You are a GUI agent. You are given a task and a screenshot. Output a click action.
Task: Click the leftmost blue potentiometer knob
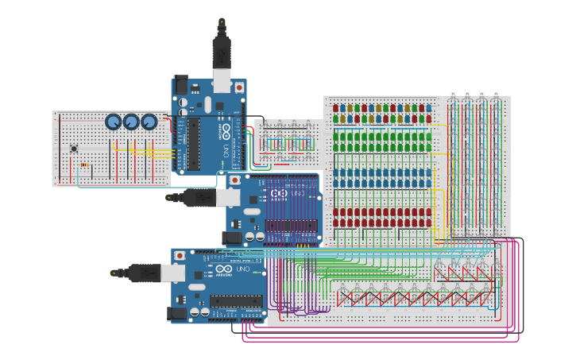pos(114,122)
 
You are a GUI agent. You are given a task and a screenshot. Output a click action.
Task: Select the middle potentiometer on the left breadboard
pos(131,122)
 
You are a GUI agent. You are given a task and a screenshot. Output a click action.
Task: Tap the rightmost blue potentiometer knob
pos(149,122)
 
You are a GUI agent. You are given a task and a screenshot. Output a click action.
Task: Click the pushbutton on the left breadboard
pos(73,148)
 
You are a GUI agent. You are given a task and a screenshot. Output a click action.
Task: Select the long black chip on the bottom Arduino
pos(235,300)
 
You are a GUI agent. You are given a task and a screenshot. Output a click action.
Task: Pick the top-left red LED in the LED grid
pos(335,107)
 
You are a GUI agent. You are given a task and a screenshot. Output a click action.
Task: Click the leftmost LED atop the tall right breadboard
pos(452,95)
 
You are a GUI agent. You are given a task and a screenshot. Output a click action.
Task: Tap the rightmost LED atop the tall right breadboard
pos(496,95)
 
